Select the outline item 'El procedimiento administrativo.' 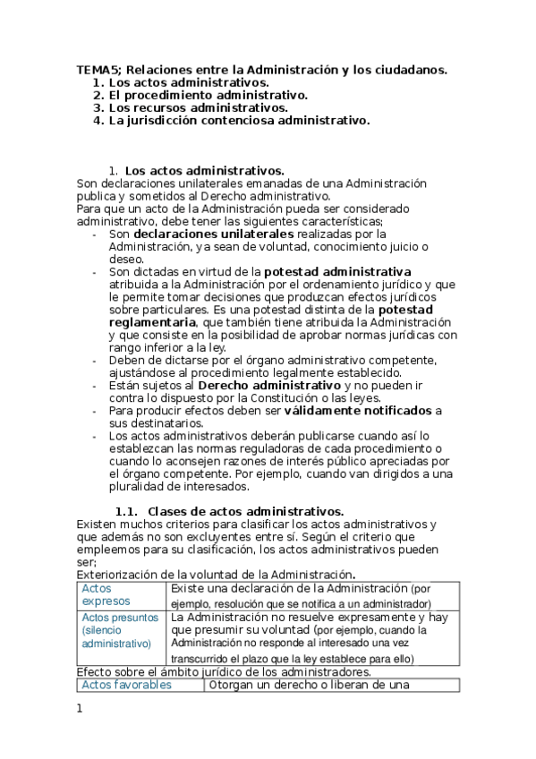coord(208,95)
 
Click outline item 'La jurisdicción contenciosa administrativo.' coord(238,120)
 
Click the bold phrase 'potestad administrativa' coord(336,271)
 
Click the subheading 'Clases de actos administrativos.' coord(245,510)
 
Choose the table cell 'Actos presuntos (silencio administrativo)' coord(122,630)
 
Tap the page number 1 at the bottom coord(80,709)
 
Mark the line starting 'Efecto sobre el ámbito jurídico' coord(223,671)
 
